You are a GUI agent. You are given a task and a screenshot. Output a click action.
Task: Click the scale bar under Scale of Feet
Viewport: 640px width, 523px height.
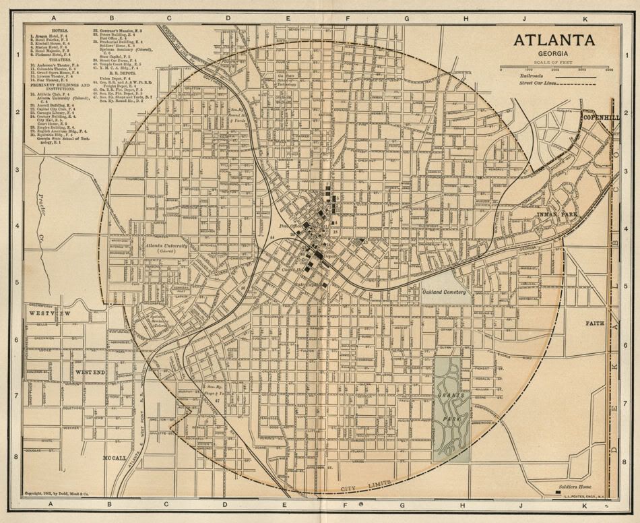click(x=554, y=68)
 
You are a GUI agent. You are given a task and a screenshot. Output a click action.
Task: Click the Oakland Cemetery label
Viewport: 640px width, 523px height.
click(x=444, y=293)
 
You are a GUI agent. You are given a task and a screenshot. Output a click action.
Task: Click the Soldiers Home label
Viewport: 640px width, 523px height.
click(x=575, y=487)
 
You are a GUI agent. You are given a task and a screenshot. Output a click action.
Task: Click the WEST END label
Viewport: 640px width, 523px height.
click(x=89, y=372)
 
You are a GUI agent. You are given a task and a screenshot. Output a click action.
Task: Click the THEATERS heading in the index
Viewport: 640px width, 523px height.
click(x=44, y=59)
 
